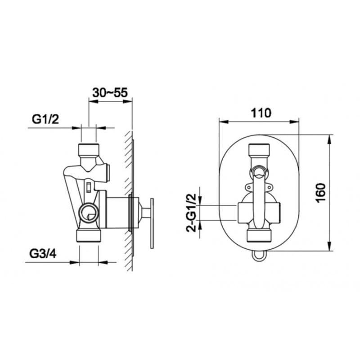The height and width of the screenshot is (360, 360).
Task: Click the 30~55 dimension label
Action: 110,93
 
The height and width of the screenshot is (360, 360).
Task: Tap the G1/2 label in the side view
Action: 45,119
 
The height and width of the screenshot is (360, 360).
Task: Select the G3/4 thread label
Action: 43,254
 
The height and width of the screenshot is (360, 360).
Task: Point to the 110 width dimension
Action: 261,113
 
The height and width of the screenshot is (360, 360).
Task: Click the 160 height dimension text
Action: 321,193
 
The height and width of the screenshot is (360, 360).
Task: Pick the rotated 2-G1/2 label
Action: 192,212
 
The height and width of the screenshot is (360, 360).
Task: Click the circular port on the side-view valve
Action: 89,212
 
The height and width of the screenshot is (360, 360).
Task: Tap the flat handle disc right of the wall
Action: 152,223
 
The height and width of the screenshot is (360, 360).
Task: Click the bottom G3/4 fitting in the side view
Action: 89,236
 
